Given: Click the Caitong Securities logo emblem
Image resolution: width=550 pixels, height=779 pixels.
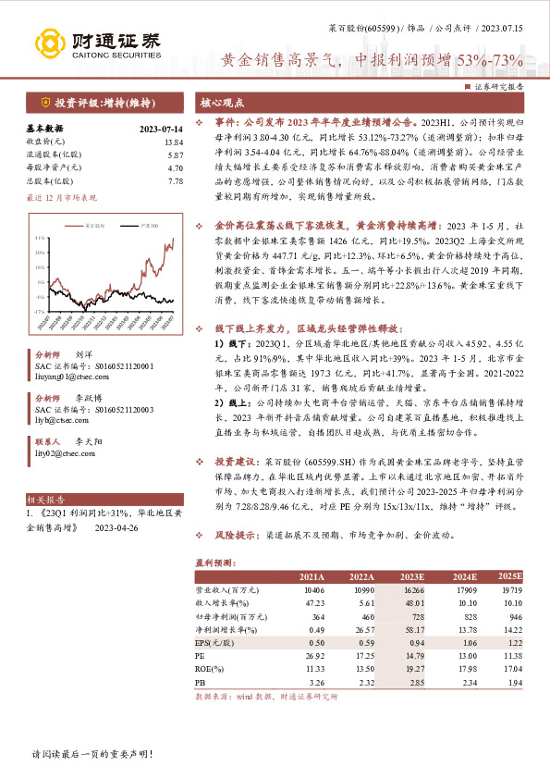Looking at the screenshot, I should (x=50, y=43).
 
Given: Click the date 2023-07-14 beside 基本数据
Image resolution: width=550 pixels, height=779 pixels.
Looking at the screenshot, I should (x=161, y=130).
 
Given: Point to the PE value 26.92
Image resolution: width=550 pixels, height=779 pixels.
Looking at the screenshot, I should (x=315, y=654).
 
